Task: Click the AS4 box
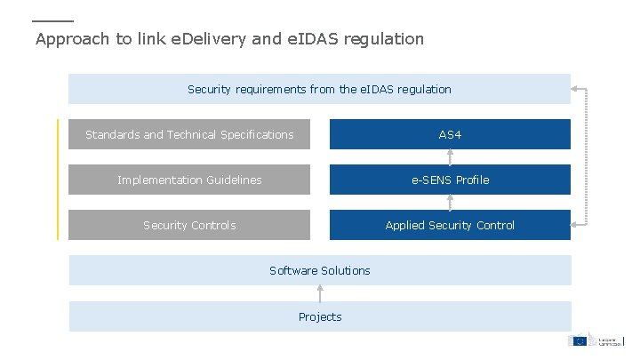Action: (450, 134)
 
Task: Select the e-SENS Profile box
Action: (450, 180)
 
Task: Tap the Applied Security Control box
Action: (450, 225)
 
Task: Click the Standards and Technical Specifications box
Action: (189, 134)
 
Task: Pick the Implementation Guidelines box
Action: (189, 180)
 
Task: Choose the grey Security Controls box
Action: (189, 225)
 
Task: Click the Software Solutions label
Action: (320, 270)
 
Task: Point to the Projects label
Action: (320, 316)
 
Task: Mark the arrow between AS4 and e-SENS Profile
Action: (450, 157)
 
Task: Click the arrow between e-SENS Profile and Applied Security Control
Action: (450, 203)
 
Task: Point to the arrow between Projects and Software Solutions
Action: (320, 293)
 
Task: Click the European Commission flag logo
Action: (579, 340)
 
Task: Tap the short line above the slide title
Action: (52, 20)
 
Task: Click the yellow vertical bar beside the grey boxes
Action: (58, 180)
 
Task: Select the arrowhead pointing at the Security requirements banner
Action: (576, 89)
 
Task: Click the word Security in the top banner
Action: (207, 89)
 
